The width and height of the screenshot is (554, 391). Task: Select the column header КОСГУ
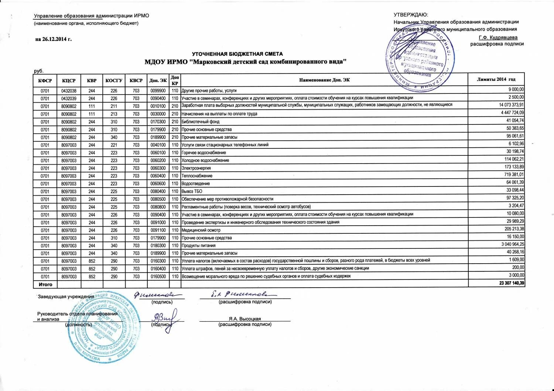click(x=114, y=80)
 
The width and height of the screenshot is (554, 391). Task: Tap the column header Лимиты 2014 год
click(x=496, y=79)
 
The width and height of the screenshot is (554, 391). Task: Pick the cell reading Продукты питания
click(x=198, y=246)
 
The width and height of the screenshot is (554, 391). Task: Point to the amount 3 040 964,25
click(x=513, y=244)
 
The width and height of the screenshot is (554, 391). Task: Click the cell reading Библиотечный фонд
click(x=200, y=121)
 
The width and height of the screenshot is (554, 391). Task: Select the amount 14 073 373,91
click(x=511, y=105)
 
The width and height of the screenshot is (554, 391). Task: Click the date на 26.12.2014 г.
click(x=53, y=40)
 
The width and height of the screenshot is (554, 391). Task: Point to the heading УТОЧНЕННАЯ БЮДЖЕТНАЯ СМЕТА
click(x=237, y=54)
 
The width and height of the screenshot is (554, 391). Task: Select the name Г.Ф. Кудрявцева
click(x=498, y=37)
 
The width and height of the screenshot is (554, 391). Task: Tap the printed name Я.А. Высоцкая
click(x=244, y=319)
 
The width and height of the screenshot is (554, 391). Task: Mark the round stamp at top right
click(x=420, y=59)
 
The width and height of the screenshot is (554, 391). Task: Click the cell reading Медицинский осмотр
click(x=201, y=230)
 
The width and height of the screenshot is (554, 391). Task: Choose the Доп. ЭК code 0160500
click(x=158, y=277)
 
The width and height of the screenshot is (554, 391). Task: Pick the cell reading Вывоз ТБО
click(x=192, y=191)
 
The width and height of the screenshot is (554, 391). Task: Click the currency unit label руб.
click(x=38, y=71)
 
